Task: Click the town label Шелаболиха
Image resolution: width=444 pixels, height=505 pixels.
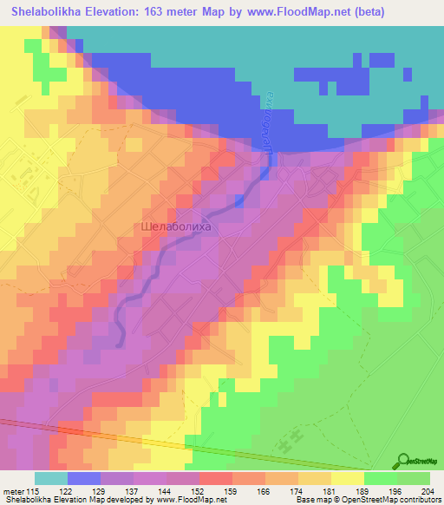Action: point(175,227)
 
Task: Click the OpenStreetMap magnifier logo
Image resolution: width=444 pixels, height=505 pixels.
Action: point(404,462)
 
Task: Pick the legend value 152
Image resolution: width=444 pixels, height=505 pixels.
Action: point(199,492)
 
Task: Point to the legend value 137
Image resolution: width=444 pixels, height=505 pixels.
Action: point(134,492)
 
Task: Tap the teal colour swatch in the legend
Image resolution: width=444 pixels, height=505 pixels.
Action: point(51,478)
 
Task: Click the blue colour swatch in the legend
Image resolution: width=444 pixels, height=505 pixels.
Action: point(84,478)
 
